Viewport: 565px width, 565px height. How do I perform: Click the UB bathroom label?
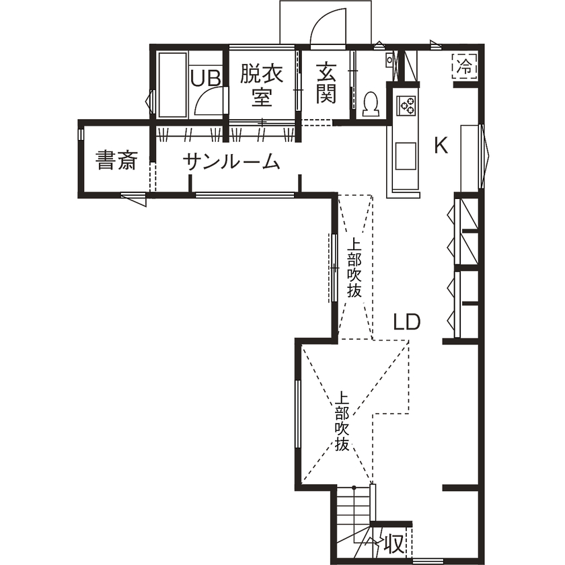click(x=205, y=78)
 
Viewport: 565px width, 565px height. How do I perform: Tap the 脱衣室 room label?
click(x=262, y=85)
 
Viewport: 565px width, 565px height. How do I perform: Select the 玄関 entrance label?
click(x=326, y=83)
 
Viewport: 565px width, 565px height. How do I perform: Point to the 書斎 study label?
click(x=116, y=160)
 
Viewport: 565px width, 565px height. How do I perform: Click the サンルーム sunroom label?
click(x=231, y=162)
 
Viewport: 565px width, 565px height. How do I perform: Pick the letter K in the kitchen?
click(x=441, y=146)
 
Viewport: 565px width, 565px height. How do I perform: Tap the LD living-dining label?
click(x=407, y=322)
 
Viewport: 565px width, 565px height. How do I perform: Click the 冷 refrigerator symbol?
click(x=465, y=66)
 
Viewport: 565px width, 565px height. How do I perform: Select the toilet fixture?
click(x=371, y=104)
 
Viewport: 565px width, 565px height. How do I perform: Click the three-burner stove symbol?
click(x=407, y=106)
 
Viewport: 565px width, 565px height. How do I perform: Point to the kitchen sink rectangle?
click(x=406, y=156)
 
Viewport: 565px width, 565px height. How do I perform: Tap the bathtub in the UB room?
click(x=173, y=85)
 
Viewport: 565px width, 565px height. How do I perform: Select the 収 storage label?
click(x=394, y=543)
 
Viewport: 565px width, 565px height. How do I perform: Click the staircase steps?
click(x=354, y=523)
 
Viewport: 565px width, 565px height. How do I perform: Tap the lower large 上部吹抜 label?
click(x=342, y=422)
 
